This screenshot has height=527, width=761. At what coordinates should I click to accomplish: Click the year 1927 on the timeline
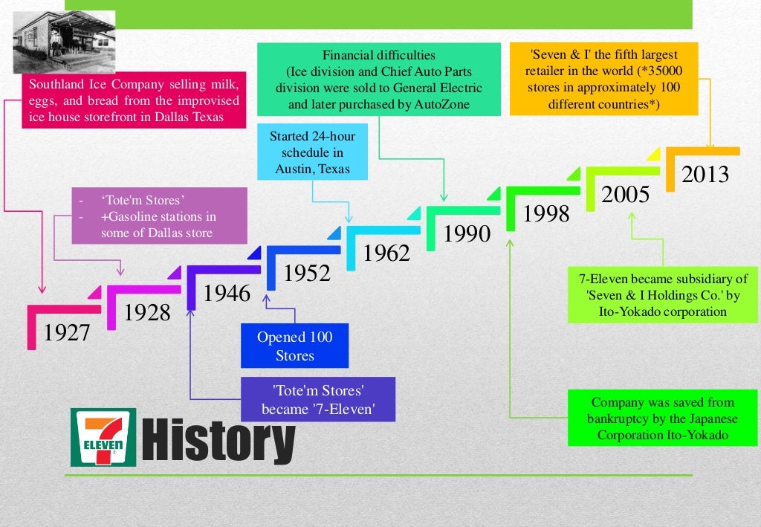coord(67,332)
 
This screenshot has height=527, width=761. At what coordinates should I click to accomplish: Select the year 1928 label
coord(147,313)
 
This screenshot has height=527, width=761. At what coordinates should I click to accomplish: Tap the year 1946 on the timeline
coord(227,294)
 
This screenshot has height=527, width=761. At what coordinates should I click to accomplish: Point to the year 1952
coord(307,274)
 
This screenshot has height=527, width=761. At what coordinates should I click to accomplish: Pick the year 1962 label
coord(387,253)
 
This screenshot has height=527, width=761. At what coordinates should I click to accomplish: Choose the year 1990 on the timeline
coord(467,234)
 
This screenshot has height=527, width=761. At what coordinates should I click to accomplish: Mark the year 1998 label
coord(547,214)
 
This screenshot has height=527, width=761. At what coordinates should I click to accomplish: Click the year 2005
coord(626,194)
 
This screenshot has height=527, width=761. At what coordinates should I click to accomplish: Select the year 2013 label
coord(705,174)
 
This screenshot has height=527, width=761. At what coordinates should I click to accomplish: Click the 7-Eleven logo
coord(103,437)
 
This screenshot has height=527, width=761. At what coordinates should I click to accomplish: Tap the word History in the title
coord(217,440)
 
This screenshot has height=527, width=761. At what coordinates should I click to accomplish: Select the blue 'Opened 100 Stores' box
coord(295,346)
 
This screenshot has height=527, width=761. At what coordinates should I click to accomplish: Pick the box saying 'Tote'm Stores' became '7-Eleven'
coord(317,399)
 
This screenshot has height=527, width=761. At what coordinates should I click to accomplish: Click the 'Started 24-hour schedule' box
coord(312,152)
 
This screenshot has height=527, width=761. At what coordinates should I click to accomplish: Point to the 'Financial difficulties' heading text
coord(379,56)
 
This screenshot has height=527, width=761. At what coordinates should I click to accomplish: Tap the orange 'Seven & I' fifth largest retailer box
coord(603,79)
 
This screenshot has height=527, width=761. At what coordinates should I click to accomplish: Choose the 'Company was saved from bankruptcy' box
coord(663,418)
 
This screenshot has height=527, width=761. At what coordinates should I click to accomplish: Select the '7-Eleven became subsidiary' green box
coord(663,295)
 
